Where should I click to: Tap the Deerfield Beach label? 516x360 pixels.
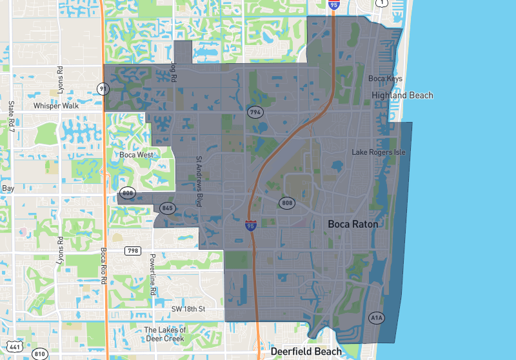[x=306, y=352]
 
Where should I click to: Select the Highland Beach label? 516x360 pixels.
[x=402, y=95]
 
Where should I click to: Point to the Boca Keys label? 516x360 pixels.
[x=385, y=79]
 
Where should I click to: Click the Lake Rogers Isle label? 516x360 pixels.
[x=378, y=152]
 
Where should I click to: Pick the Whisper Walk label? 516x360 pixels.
[x=56, y=106]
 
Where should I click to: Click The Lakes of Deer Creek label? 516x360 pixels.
[x=164, y=334]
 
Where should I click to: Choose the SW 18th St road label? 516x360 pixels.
[x=188, y=310]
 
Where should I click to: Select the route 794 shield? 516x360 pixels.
[x=255, y=112]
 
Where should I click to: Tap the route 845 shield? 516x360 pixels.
[x=168, y=208]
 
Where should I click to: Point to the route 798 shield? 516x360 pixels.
[x=133, y=250]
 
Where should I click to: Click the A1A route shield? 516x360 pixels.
[x=377, y=317]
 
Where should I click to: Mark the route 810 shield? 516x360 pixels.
[x=40, y=354]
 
